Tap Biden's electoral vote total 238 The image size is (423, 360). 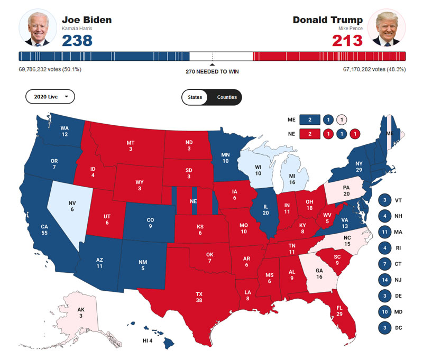pos(77,41)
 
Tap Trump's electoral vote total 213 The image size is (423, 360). pos(347,41)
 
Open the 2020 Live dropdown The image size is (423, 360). pos(50,97)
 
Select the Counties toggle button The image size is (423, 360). pos(227,97)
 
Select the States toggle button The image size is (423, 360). pos(195,97)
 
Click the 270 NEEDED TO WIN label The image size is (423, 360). pos(212,71)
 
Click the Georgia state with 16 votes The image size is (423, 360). pos(318,272)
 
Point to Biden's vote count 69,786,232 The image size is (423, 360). pos(40,69)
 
